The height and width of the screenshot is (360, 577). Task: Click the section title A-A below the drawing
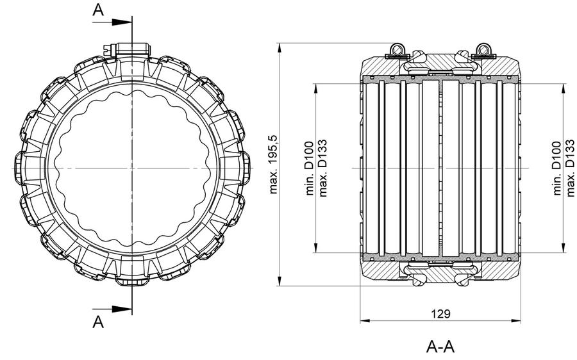[440, 347]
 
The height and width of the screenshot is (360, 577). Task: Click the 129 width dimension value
[440, 314]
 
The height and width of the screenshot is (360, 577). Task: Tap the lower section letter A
[98, 322]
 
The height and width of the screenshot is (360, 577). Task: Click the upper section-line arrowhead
[122, 22]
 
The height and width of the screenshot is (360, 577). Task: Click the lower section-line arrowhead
[122, 309]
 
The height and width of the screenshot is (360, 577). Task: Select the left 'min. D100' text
[309, 168]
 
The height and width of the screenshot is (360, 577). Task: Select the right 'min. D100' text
[557, 168]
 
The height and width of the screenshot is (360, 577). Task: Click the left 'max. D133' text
[322, 168]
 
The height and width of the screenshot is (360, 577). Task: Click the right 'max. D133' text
[570, 168]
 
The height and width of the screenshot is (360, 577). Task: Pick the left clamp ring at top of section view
[397, 49]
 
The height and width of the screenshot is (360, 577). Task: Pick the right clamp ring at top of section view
[483, 49]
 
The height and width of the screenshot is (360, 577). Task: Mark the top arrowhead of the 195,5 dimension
[280, 48]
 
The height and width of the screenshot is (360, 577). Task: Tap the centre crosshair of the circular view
[132, 168]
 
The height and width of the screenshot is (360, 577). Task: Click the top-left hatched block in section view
[379, 67]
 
